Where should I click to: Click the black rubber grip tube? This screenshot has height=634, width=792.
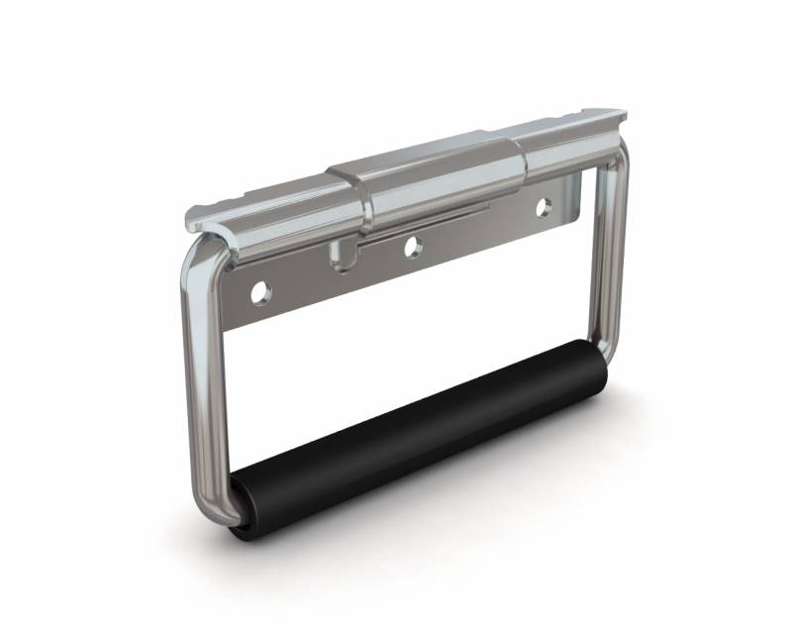point(416,436)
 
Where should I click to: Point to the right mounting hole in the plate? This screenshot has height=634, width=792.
point(544,207)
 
